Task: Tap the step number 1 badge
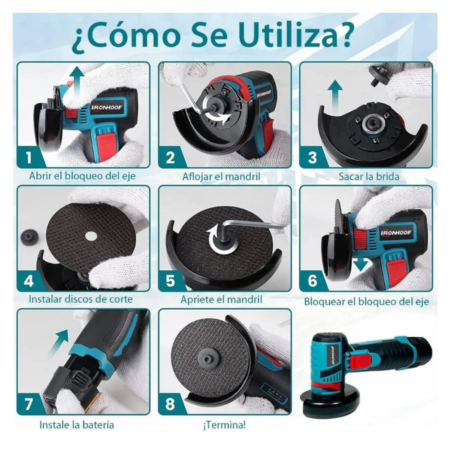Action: [x=29, y=157]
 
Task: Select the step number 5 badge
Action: [x=170, y=281]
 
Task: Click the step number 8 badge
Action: [x=170, y=404]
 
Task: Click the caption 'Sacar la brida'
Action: [x=369, y=176]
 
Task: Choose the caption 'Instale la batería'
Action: [x=77, y=425]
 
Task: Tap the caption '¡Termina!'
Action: [x=224, y=425]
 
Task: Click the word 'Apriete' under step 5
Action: [x=199, y=300]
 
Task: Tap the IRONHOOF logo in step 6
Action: [x=396, y=233]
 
